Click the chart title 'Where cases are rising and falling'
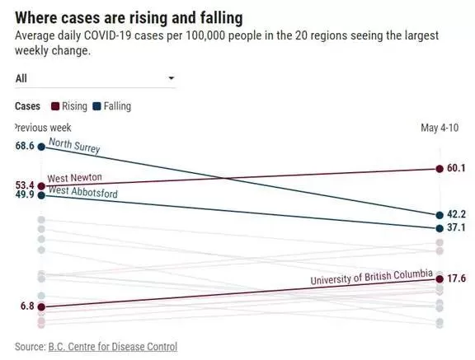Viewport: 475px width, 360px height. [129, 18]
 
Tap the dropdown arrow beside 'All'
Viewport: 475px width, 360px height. [172, 78]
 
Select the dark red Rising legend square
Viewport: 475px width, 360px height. [55, 106]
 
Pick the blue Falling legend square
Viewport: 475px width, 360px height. [96, 106]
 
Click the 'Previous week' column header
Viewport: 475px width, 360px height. [43, 128]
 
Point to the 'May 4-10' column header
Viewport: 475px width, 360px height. [440, 128]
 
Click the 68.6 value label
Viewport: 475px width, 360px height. [25, 146]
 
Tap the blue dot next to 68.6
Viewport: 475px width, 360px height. [41, 147]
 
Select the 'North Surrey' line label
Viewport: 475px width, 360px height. [74, 146]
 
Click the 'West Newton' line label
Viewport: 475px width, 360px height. [74, 178]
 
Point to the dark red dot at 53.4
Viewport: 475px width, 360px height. [41, 186]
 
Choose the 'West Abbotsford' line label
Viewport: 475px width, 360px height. [83, 192]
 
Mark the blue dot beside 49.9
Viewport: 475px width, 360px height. [41, 196]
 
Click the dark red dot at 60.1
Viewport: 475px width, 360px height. [440, 169]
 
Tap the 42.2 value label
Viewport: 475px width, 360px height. [456, 214]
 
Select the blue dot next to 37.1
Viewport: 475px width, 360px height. [440, 228]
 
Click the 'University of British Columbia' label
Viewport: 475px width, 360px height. [371, 277]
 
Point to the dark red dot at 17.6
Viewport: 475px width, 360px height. [440, 279]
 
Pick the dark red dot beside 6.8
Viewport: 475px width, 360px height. [41, 307]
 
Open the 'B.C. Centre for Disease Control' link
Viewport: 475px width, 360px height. [113, 347]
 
